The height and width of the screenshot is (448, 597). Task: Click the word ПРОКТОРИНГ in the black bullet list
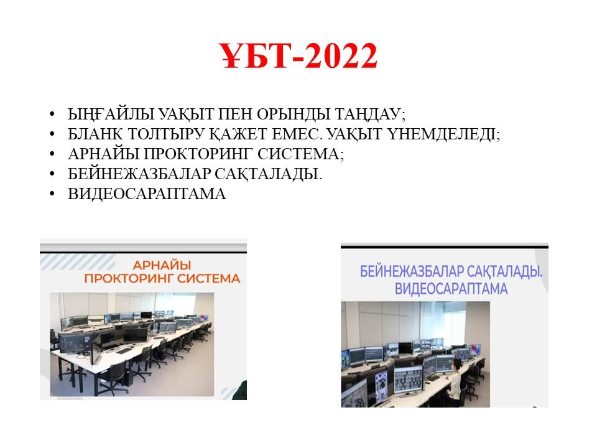pyautogui.click(x=198, y=154)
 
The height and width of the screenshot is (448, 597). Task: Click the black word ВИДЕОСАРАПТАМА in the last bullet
pyautogui.click(x=147, y=194)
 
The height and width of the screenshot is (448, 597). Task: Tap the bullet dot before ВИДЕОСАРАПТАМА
pyautogui.click(x=52, y=194)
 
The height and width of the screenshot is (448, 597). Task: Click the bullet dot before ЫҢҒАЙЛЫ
pyautogui.click(x=52, y=114)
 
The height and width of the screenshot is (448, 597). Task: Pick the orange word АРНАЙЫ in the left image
pyautogui.click(x=162, y=265)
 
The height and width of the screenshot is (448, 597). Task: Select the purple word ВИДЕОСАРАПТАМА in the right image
pyautogui.click(x=451, y=288)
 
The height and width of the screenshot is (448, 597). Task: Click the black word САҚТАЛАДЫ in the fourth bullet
pyautogui.click(x=269, y=174)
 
